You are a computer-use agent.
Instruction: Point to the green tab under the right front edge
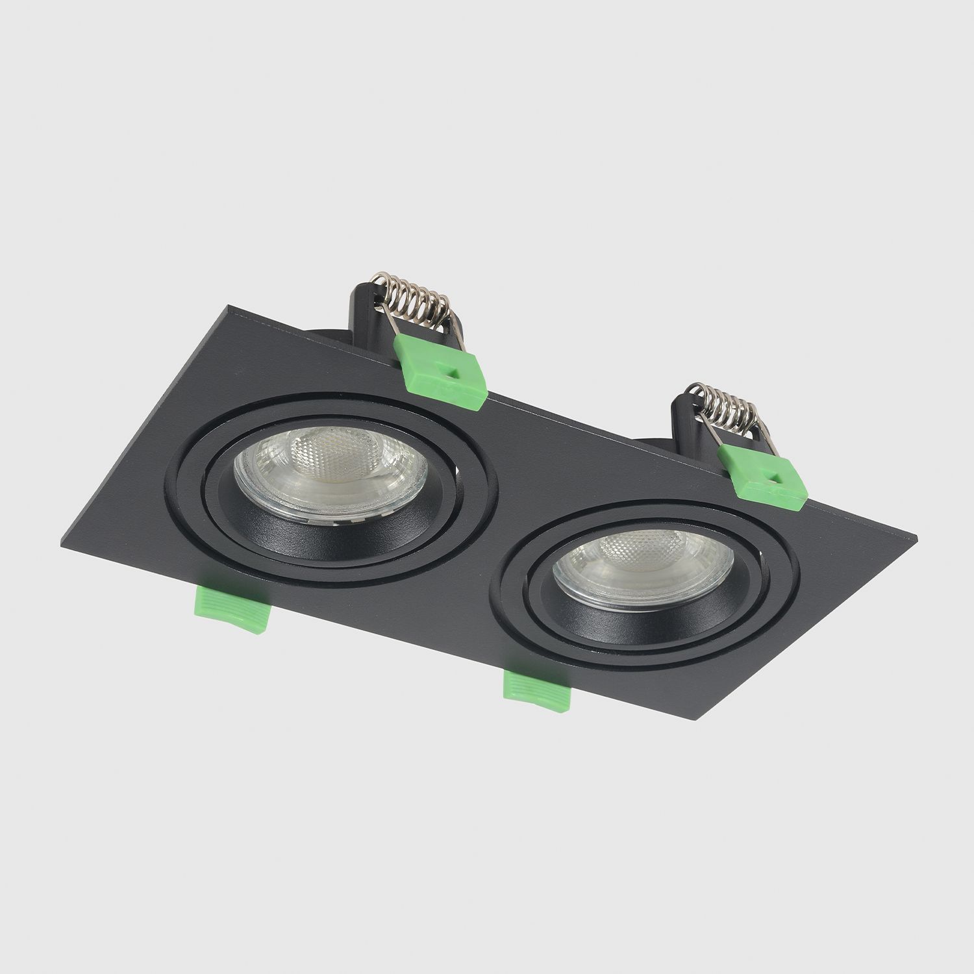pos(537,691)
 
